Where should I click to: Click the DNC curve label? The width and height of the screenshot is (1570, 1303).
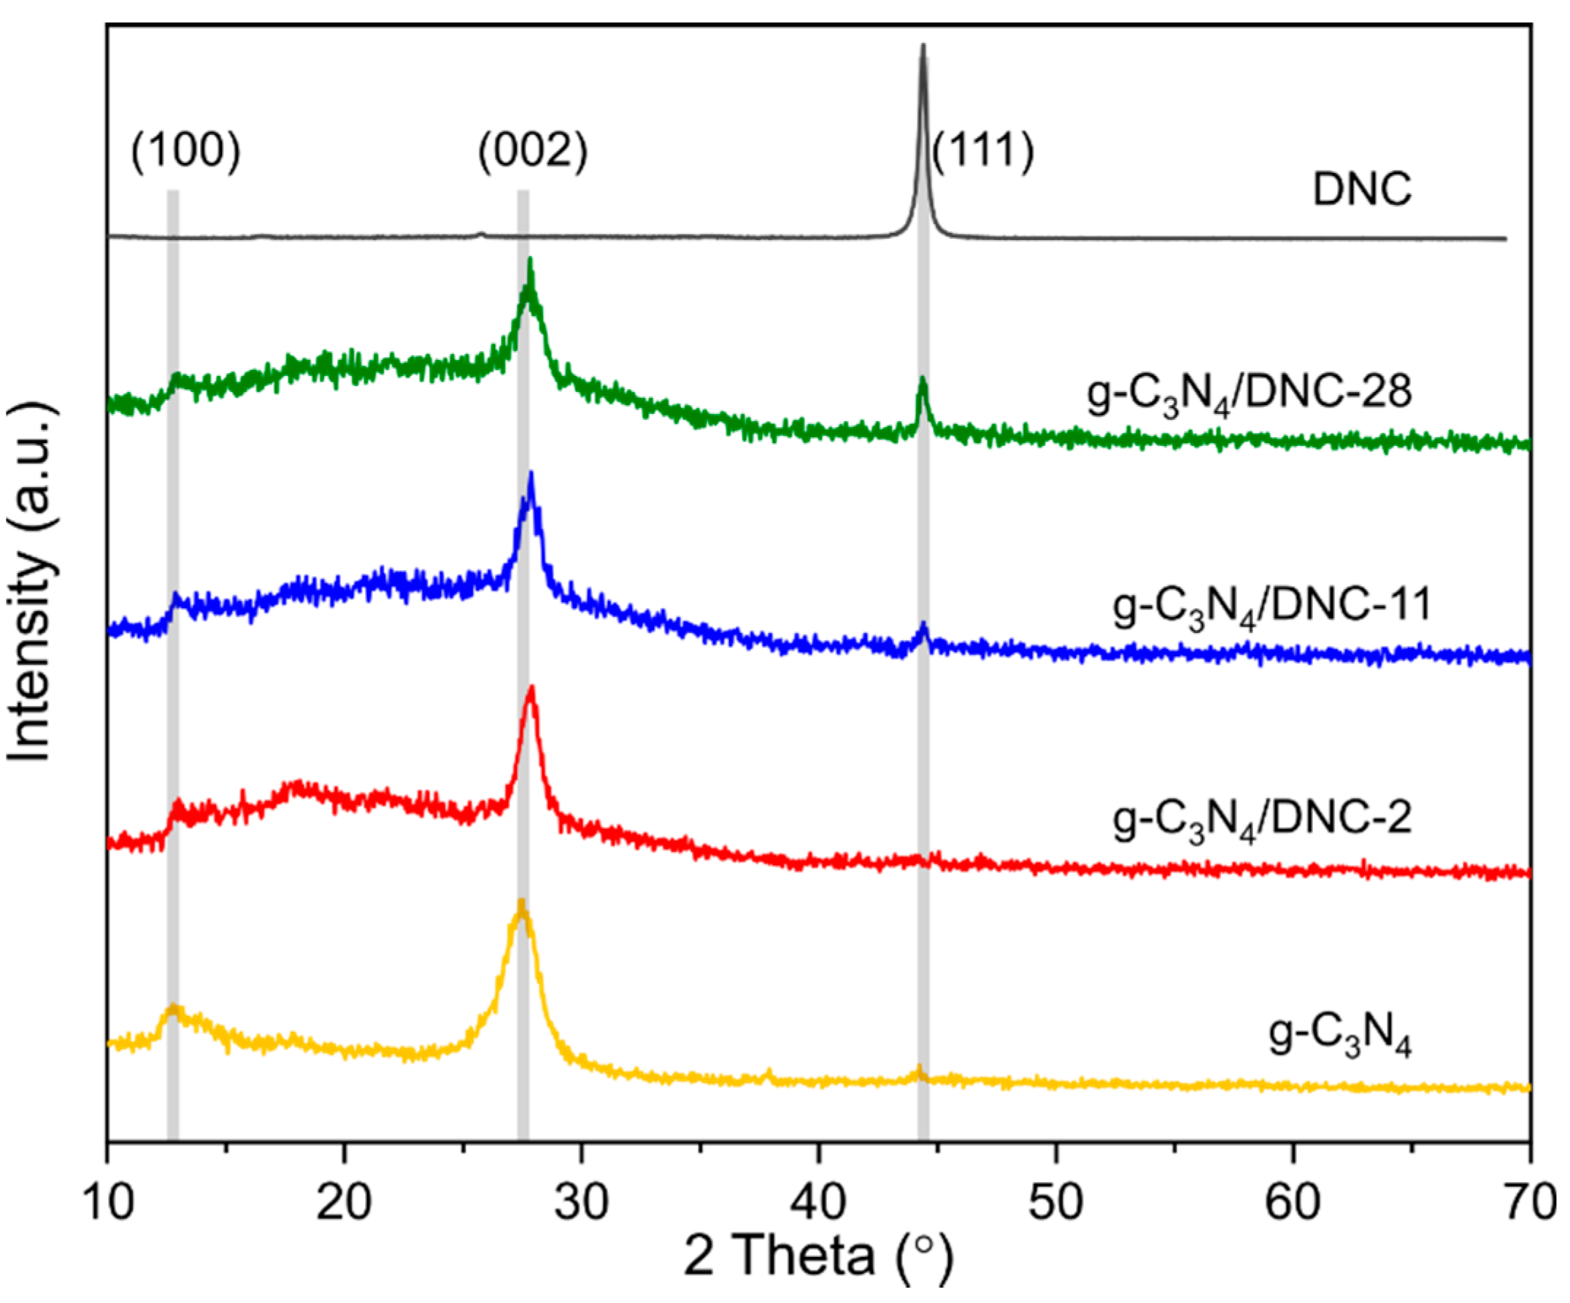click(1362, 190)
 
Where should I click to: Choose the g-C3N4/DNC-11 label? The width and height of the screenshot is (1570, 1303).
click(1271, 607)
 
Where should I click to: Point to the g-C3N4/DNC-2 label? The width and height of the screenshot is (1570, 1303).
click(1262, 819)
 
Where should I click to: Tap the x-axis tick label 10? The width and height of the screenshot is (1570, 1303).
click(109, 1203)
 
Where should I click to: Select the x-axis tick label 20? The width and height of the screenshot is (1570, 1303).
click(344, 1203)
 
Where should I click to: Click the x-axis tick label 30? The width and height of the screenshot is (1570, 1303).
click(581, 1203)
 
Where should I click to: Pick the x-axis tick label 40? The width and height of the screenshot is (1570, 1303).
click(819, 1203)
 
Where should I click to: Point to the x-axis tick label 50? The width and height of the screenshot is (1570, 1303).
click(1055, 1203)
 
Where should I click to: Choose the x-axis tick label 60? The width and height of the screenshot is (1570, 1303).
click(1293, 1203)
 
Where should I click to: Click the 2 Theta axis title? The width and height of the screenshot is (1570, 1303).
click(818, 1258)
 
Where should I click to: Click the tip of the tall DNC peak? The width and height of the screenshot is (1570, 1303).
click(923, 46)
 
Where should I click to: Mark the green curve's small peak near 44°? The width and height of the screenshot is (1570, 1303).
click(923, 380)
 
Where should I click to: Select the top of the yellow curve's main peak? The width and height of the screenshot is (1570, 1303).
click(521, 902)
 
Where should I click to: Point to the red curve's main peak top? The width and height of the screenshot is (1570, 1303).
click(531, 688)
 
